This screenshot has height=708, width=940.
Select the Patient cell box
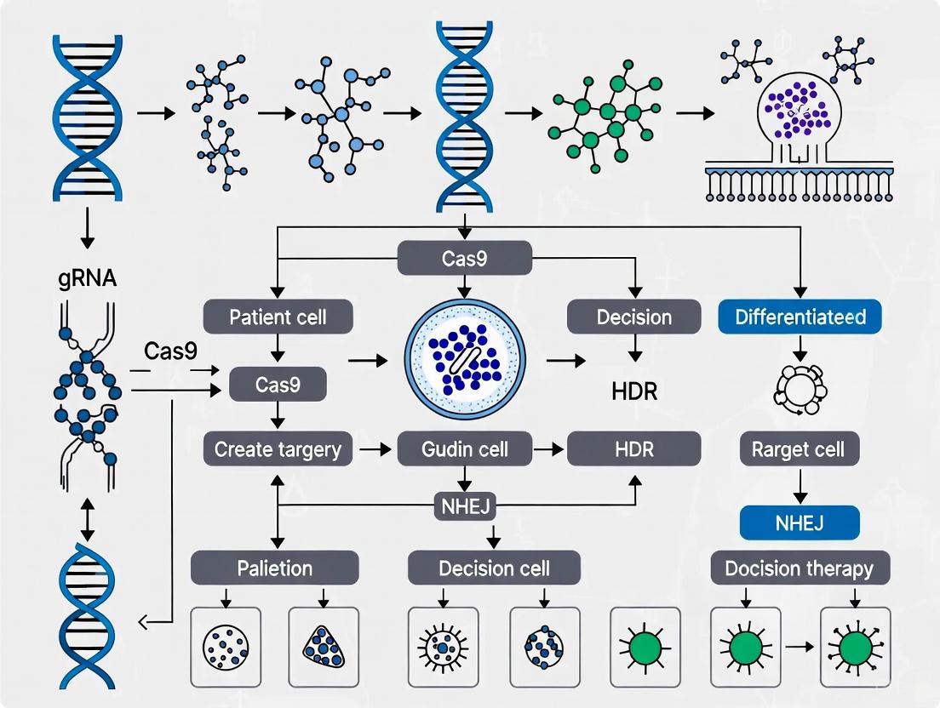coord(278,317)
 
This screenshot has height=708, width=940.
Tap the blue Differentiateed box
coord(800,317)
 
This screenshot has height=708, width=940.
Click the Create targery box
coord(278,448)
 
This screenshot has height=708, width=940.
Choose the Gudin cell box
coord(465,448)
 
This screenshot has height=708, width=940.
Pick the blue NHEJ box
coord(800,522)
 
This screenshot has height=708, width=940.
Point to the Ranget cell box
coord(800,448)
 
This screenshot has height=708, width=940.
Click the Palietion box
coord(275,568)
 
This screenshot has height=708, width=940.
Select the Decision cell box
coord(494,568)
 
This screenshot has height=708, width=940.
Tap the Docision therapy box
coord(800,568)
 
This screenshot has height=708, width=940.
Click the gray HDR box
coord(633,448)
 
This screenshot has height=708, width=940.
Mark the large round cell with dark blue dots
coord(464,363)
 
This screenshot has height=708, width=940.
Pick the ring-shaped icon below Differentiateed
coord(800,390)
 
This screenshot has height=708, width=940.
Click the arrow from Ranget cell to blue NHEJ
coord(800,486)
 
